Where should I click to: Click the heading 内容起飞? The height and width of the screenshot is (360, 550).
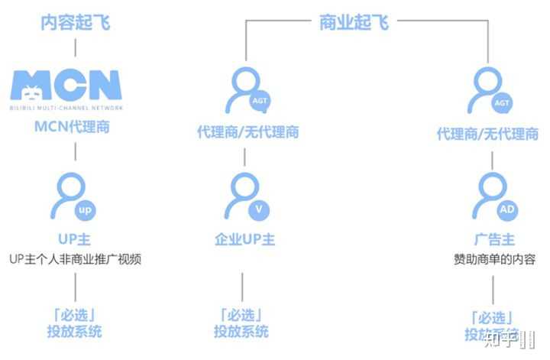point(75,22)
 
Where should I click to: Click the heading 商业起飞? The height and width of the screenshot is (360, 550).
point(354,22)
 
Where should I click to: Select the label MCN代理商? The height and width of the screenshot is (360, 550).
point(73,127)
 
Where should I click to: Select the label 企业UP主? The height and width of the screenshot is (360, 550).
point(244,238)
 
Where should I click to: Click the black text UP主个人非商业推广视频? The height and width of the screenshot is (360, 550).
point(76,259)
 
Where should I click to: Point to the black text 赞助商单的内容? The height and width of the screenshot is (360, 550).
point(493,259)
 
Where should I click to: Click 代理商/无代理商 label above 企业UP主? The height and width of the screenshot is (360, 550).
point(247,133)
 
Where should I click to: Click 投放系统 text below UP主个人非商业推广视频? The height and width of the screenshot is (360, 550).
point(74,332)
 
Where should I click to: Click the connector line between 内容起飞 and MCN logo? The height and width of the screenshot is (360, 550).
point(75,47)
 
